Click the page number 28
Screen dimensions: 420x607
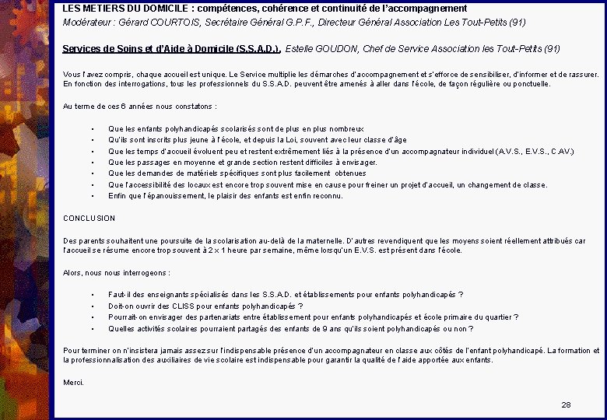[x=566, y=404]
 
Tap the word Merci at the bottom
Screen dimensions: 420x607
[x=73, y=383]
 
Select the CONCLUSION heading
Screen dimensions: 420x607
[x=89, y=219]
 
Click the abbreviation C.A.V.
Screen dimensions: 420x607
[x=559, y=151]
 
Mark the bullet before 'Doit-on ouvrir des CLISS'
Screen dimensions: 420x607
[x=93, y=306]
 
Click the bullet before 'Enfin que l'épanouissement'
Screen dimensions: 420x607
[x=93, y=196]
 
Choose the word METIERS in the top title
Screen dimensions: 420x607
[x=98, y=8]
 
